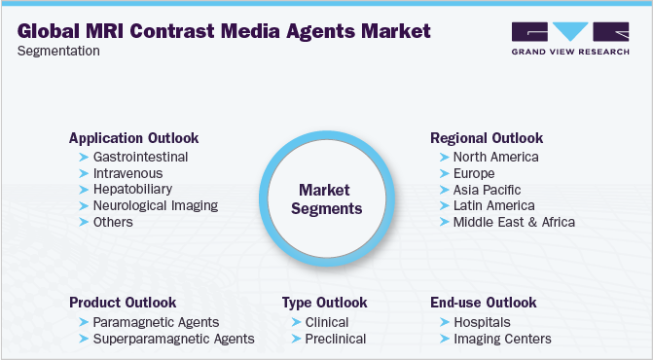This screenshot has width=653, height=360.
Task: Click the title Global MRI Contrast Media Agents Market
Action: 224,30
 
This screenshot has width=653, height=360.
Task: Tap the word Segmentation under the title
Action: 58,51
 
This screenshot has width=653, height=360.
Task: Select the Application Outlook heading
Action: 133,138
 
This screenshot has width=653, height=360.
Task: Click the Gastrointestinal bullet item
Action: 140,157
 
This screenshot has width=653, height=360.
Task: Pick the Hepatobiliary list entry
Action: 133,189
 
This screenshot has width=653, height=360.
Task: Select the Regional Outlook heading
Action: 487,138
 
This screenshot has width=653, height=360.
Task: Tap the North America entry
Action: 495,157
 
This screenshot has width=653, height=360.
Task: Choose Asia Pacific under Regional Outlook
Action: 487,189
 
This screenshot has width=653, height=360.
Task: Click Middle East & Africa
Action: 514,222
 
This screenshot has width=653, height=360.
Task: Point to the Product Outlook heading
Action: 123,303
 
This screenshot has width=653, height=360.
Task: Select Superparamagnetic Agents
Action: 173,339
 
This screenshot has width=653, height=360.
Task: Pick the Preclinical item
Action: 336,339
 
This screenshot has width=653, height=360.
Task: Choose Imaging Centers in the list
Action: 502,339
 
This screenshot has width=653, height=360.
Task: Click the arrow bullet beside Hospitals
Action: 445,322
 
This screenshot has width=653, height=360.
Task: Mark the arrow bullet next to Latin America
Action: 445,206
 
